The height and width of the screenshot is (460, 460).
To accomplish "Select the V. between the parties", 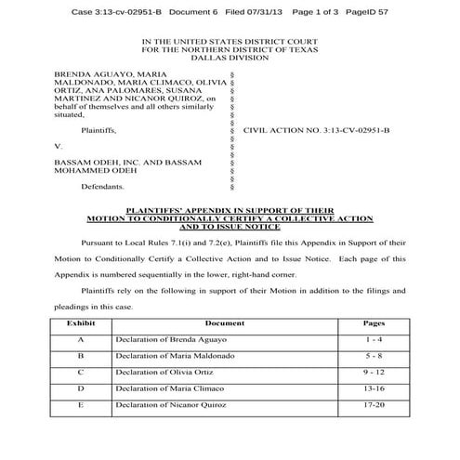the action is coord(59,147).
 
